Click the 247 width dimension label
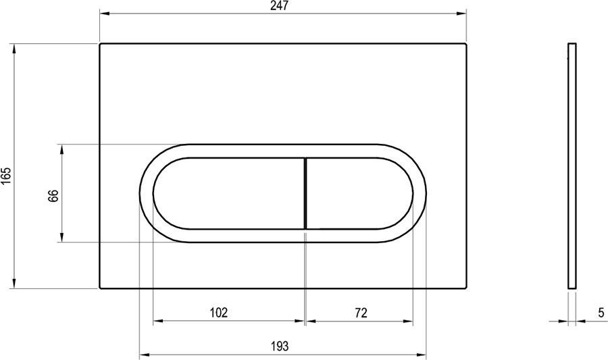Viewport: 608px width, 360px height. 280,6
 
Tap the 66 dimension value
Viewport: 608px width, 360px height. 53,196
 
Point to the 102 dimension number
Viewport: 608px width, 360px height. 218,312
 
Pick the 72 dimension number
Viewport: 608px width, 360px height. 361,312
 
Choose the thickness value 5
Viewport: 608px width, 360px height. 601,312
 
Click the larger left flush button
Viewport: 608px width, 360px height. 229,193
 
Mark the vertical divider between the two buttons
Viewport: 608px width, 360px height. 305,193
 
